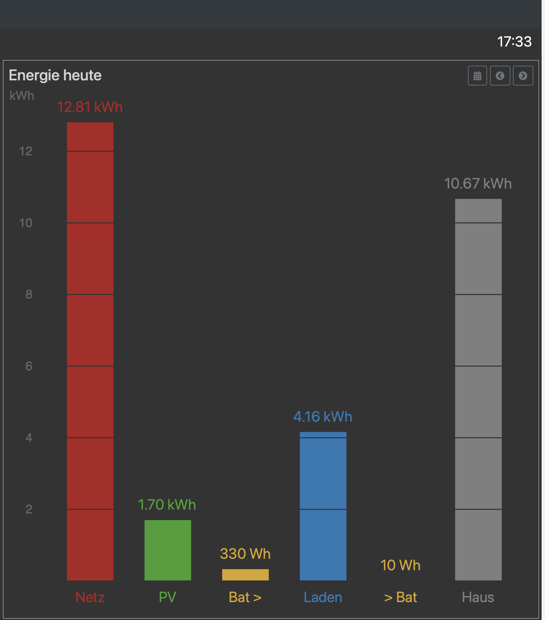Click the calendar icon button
(x=477, y=76)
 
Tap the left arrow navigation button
(x=500, y=76)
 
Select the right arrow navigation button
(x=523, y=76)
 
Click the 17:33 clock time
(x=514, y=41)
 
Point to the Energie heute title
(x=55, y=75)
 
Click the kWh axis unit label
(x=22, y=95)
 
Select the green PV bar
(x=168, y=550)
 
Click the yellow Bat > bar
(x=245, y=574)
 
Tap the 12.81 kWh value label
(x=90, y=107)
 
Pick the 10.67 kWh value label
(x=478, y=183)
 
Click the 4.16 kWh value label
(x=323, y=417)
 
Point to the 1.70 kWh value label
(x=167, y=505)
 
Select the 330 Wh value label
(x=245, y=554)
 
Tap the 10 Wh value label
(x=400, y=565)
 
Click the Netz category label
(x=90, y=597)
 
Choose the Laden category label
(x=323, y=597)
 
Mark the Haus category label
(x=478, y=597)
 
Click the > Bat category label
(x=400, y=597)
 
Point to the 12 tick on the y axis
(x=26, y=151)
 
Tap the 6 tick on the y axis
(x=29, y=366)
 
